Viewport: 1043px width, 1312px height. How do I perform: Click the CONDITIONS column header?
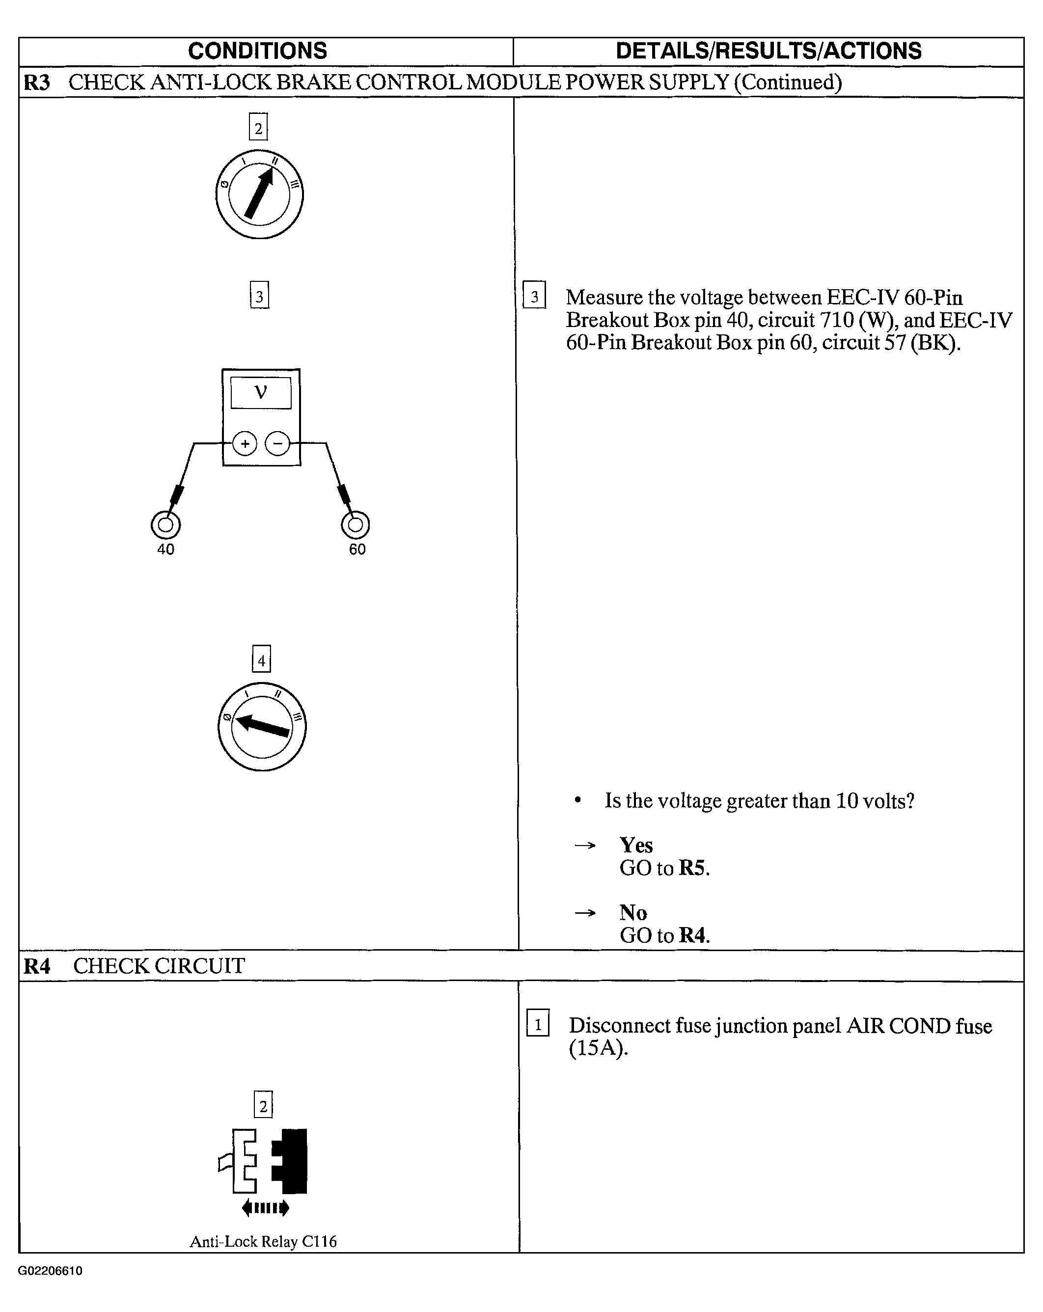click(x=257, y=51)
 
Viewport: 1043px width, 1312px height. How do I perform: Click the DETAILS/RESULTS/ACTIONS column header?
click(x=768, y=51)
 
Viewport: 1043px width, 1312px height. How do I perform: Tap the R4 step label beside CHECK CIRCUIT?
click(x=36, y=966)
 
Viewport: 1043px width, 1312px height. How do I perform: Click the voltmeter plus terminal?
click(x=245, y=443)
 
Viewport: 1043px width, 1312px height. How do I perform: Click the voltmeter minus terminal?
click(x=277, y=443)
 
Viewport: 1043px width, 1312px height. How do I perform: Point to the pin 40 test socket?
click(x=165, y=524)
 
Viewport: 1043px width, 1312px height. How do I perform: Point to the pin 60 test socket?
click(x=356, y=524)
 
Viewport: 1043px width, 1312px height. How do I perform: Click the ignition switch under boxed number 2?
click(x=259, y=194)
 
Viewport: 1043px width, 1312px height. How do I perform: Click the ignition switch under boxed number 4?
click(x=262, y=727)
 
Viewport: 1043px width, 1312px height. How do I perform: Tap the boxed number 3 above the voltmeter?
click(x=259, y=296)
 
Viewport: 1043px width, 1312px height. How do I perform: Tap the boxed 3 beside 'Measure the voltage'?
click(x=534, y=296)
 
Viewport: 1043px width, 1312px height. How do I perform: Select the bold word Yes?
click(x=636, y=845)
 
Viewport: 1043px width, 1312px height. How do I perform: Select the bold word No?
click(x=633, y=913)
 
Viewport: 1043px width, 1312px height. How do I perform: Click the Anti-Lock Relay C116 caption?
click(x=263, y=1242)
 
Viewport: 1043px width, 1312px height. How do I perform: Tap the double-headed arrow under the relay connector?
click(x=265, y=1208)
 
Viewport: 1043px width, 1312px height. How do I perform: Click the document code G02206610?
click(x=50, y=1271)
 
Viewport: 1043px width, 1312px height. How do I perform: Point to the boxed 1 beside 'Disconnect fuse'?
click(x=538, y=1025)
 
